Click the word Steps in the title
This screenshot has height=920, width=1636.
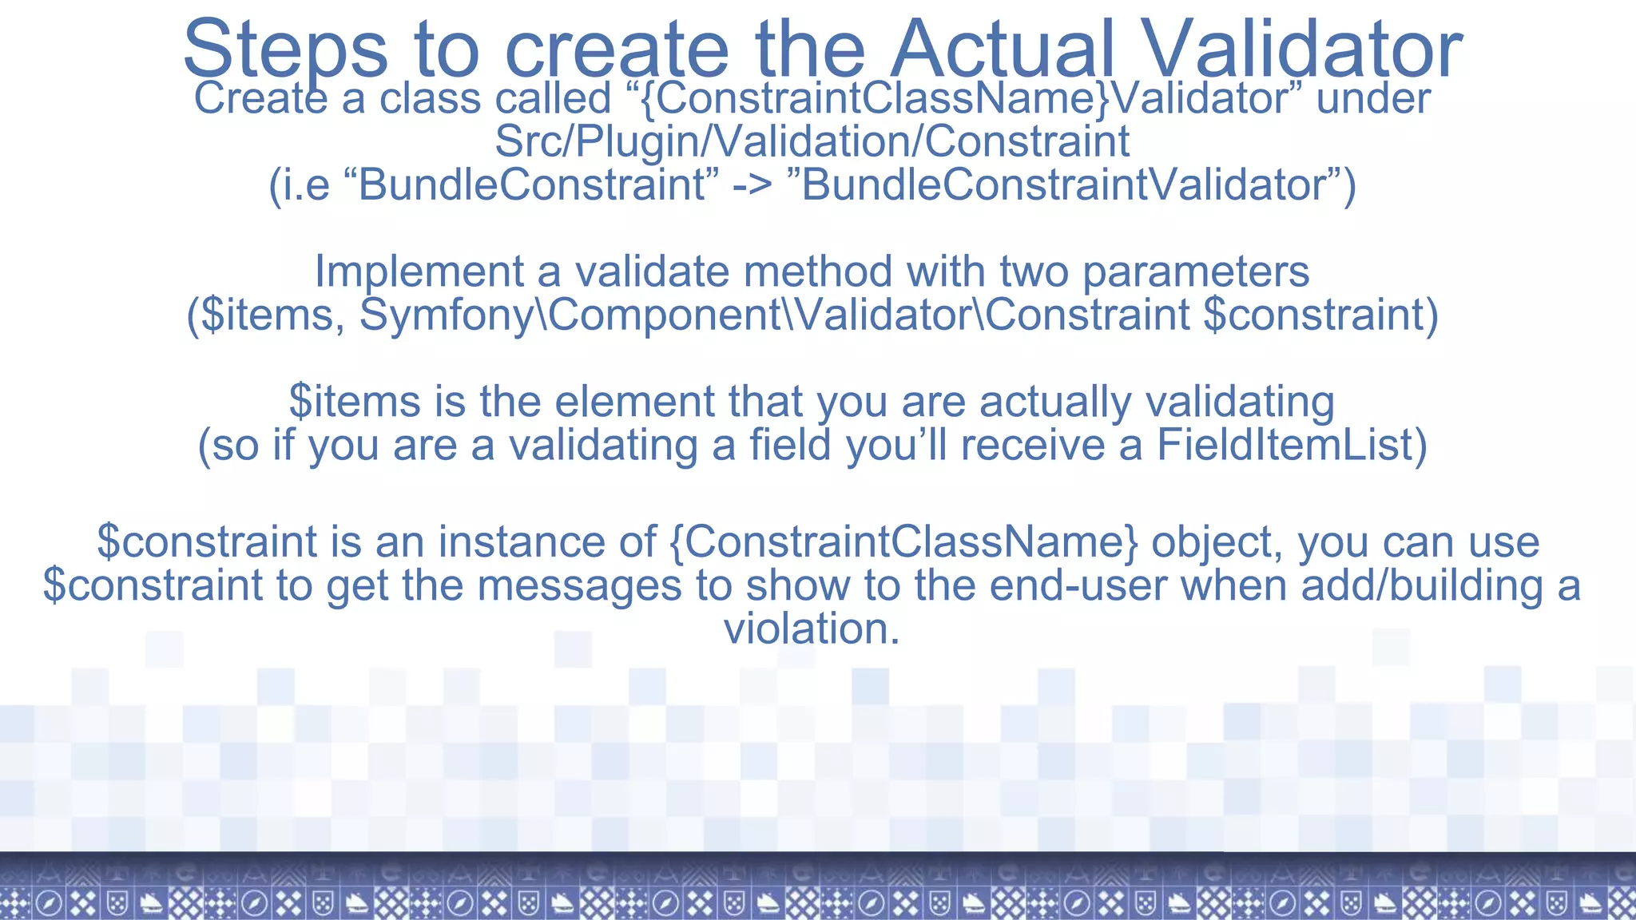(x=285, y=50)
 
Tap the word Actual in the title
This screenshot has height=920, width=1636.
(x=1002, y=50)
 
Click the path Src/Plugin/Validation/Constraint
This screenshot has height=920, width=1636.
(x=812, y=141)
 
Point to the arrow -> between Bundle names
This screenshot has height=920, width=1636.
(x=752, y=185)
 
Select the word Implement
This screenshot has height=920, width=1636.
(x=419, y=272)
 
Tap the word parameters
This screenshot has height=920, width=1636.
(x=1195, y=272)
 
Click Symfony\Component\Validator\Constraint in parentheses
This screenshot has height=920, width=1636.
(x=774, y=315)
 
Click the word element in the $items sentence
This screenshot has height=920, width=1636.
(x=634, y=402)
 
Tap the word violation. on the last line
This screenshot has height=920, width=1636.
(x=812, y=629)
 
